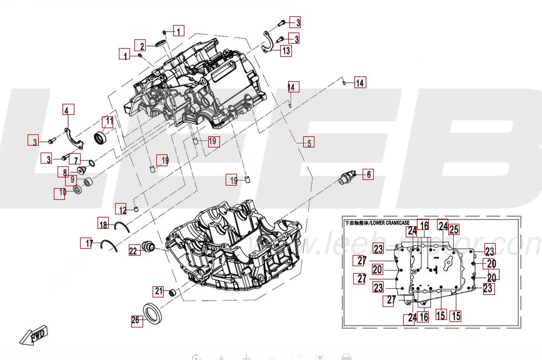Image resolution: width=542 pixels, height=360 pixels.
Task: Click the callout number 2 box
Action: coord(143,46)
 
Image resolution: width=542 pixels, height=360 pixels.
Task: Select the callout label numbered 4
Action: coord(67,110)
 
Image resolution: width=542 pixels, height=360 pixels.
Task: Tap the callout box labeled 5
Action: coord(309,142)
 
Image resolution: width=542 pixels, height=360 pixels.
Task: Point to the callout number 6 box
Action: coord(368,174)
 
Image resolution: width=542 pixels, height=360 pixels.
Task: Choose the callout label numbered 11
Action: coord(108,121)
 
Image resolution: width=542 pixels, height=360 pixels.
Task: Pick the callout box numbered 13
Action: coord(286,51)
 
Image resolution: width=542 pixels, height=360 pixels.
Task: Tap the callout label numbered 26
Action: coord(135,321)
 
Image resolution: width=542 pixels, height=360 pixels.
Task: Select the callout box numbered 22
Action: coord(134,251)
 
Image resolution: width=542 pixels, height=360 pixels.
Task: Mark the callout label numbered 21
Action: coord(159,291)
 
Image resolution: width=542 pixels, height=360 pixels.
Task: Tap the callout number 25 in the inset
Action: coord(454,229)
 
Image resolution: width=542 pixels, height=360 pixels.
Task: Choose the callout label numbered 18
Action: coord(104,224)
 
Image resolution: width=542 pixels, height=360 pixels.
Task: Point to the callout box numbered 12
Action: coord(123,209)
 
